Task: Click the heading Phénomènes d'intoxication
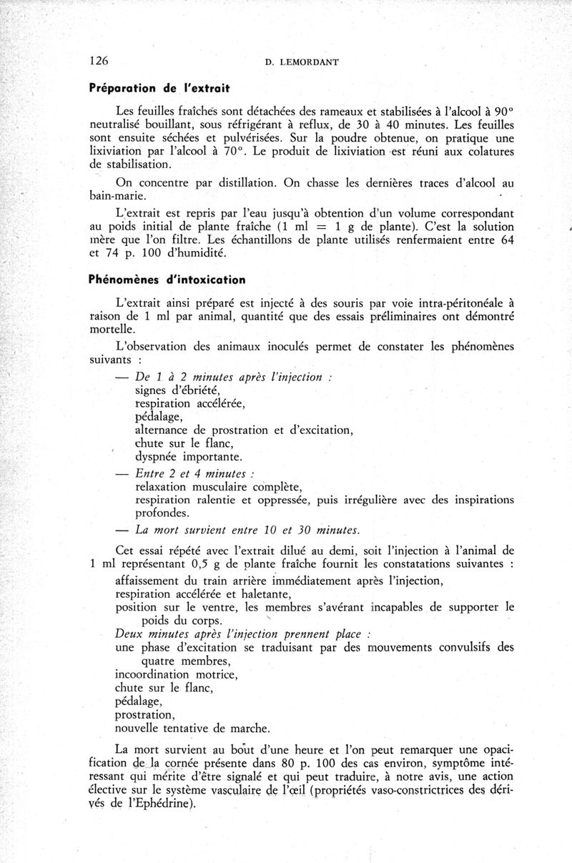pyautogui.click(x=167, y=279)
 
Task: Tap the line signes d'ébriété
pyautogui.click(x=177, y=390)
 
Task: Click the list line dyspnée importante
pyautogui.click(x=189, y=456)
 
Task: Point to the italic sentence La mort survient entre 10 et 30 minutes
pyautogui.click(x=247, y=529)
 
